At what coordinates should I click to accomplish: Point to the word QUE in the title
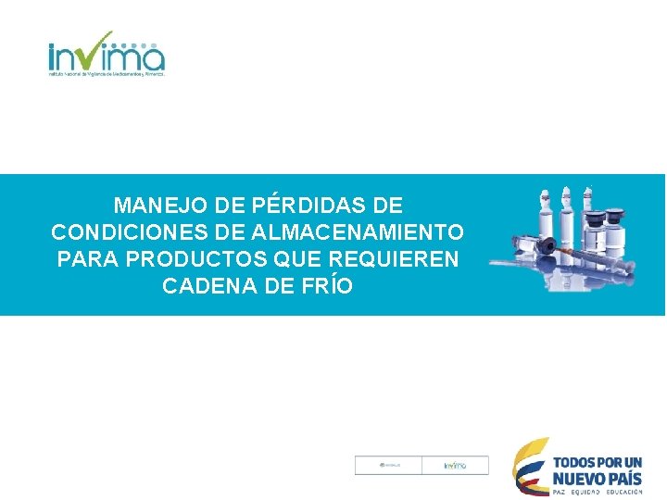295,258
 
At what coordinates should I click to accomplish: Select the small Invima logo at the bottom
454,466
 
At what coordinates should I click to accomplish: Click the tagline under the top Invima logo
107,75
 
